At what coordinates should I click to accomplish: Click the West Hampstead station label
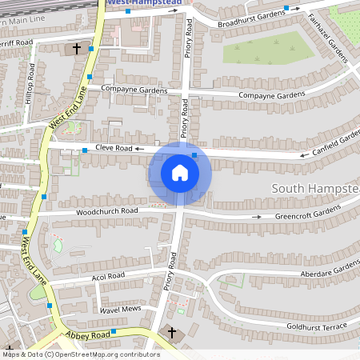(144, 3)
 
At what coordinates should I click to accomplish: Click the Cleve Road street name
(112, 148)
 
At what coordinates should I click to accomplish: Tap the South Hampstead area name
(315, 188)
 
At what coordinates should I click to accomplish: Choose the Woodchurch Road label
(106, 211)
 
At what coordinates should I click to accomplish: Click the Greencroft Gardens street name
(308, 214)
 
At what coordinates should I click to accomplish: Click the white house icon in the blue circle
(180, 173)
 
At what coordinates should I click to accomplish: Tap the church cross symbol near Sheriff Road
(77, 49)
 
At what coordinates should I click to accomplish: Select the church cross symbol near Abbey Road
(171, 332)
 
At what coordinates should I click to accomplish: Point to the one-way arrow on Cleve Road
(140, 149)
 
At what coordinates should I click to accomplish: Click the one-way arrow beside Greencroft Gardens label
(257, 216)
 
